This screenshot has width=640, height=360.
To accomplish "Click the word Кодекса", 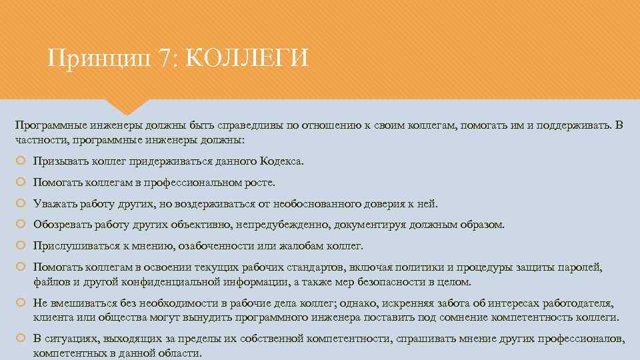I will [x=280, y=161].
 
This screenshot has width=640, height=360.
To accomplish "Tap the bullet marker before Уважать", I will [x=21, y=203].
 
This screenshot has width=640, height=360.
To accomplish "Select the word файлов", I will [x=49, y=281].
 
